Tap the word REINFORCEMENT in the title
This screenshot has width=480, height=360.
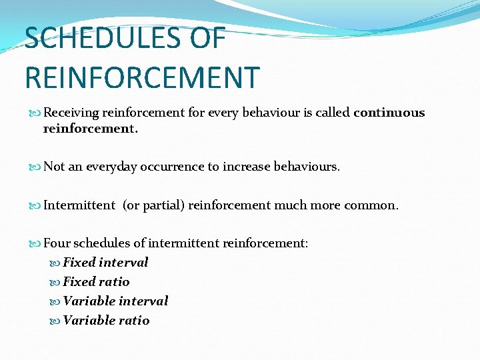pyautogui.click(x=141, y=77)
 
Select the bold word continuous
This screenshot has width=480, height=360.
pyautogui.click(x=389, y=113)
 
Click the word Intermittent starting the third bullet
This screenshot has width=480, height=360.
pyautogui.click(x=79, y=205)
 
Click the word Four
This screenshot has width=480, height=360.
pyautogui.click(x=57, y=243)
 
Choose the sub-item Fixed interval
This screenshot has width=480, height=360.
pyautogui.click(x=105, y=263)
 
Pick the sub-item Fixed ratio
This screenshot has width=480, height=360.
pyautogui.click(x=96, y=282)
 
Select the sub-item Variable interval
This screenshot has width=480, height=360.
pyautogui.click(x=115, y=301)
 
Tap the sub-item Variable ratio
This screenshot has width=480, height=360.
pyautogui.click(x=106, y=321)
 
